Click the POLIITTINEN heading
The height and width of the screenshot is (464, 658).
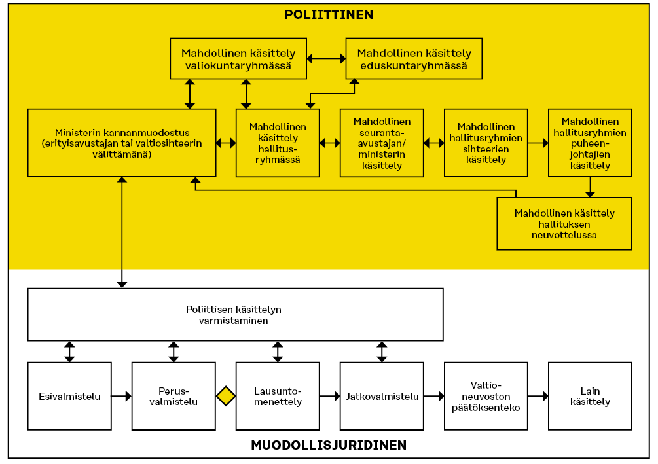(x=329, y=14)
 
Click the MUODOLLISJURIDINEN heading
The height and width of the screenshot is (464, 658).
(x=329, y=445)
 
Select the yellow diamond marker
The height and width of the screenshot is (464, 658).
(x=226, y=396)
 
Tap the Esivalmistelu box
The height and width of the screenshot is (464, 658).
(x=69, y=396)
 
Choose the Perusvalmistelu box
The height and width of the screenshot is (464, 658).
(x=174, y=396)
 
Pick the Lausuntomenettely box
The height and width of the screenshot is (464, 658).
(x=278, y=396)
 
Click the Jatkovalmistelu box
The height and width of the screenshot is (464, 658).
(x=382, y=396)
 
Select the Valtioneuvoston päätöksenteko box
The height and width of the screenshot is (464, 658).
(x=486, y=396)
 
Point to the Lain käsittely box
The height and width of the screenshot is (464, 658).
(x=590, y=396)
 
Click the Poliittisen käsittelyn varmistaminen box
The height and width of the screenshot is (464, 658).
(x=236, y=315)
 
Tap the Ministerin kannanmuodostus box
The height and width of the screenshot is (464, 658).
(x=122, y=143)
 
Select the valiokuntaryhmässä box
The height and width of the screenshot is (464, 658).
(x=238, y=59)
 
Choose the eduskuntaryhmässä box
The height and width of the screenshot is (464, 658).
(x=414, y=59)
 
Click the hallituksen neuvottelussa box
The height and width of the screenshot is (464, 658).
(x=564, y=224)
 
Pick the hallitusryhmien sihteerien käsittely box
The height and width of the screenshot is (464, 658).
(x=486, y=143)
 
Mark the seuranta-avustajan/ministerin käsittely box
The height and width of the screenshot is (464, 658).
(x=382, y=143)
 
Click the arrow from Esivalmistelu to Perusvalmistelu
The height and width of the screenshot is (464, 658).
(x=122, y=396)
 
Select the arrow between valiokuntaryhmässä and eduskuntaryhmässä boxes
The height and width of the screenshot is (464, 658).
(x=327, y=59)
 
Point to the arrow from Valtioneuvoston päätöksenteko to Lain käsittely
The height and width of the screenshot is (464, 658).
(x=538, y=396)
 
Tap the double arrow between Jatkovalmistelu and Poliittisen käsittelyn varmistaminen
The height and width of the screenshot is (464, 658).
(x=382, y=351)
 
